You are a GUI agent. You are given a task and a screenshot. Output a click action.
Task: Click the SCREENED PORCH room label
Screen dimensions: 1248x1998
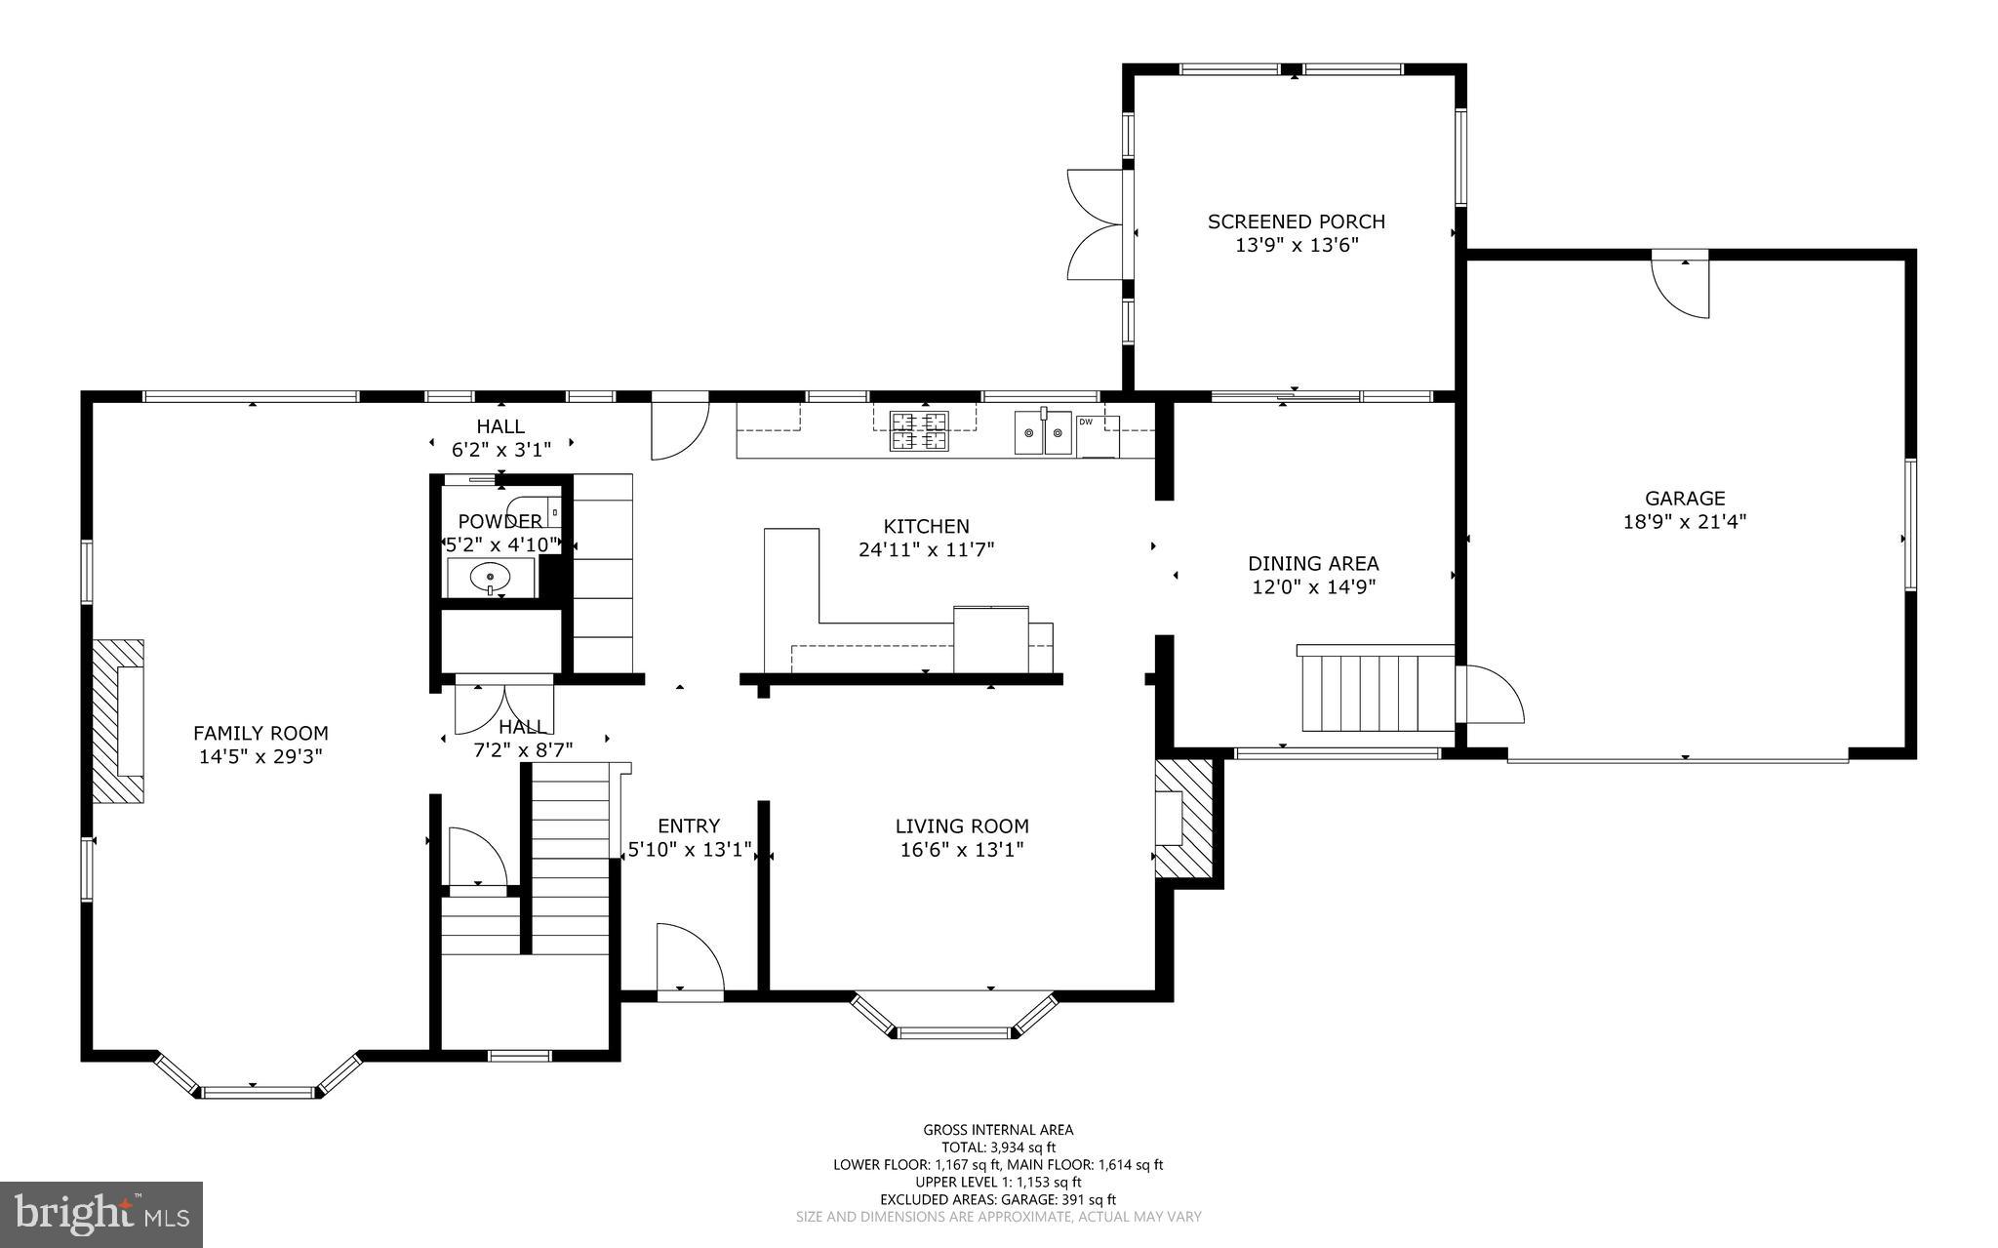point(1296,221)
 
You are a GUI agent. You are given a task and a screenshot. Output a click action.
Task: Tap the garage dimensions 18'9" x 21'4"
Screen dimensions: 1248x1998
point(1684,522)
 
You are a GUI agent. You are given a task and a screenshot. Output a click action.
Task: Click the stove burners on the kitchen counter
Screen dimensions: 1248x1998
point(919,431)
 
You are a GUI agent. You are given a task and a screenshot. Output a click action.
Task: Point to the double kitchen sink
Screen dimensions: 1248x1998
point(1042,432)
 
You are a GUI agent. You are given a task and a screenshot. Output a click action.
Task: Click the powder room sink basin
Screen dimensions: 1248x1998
point(490,578)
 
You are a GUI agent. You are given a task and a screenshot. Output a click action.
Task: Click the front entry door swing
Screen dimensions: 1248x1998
point(689,962)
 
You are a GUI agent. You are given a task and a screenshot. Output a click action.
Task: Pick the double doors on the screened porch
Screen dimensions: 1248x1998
point(1096,225)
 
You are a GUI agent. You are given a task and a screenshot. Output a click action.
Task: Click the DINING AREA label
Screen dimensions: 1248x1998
point(1313,563)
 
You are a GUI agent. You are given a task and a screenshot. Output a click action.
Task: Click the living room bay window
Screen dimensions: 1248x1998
point(953,1021)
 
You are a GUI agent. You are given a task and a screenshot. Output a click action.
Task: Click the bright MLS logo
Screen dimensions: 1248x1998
point(101,1214)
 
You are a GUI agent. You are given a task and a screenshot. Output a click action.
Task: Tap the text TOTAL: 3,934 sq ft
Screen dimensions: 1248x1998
point(998,1147)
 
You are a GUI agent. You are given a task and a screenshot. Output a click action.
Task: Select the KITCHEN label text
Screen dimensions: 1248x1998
point(926,527)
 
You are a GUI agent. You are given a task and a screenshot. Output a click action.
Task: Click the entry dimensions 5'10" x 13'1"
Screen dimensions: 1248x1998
point(689,850)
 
